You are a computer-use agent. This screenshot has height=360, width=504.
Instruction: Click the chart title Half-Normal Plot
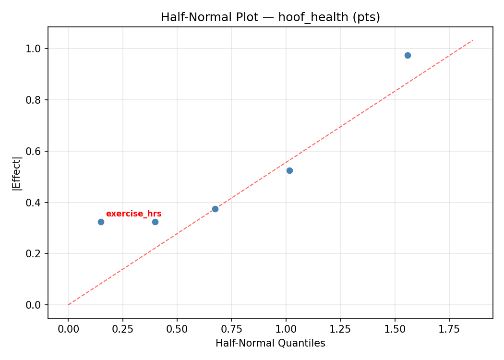[x=270, y=17]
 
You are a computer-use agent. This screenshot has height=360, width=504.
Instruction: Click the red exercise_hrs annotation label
[x=133, y=214]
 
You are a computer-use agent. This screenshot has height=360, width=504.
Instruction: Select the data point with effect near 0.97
[x=408, y=55]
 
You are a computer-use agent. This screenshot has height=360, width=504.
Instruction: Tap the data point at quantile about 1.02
[x=289, y=170]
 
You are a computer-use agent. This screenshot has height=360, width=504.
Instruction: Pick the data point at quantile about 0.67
[x=215, y=209]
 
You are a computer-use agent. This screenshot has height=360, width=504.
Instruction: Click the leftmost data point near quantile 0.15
[x=101, y=222]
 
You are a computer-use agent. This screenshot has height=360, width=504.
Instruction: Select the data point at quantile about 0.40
[x=155, y=222]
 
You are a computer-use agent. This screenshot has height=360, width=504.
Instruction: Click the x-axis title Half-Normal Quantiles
[x=270, y=343]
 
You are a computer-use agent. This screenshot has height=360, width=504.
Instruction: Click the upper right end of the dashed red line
[x=473, y=40]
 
